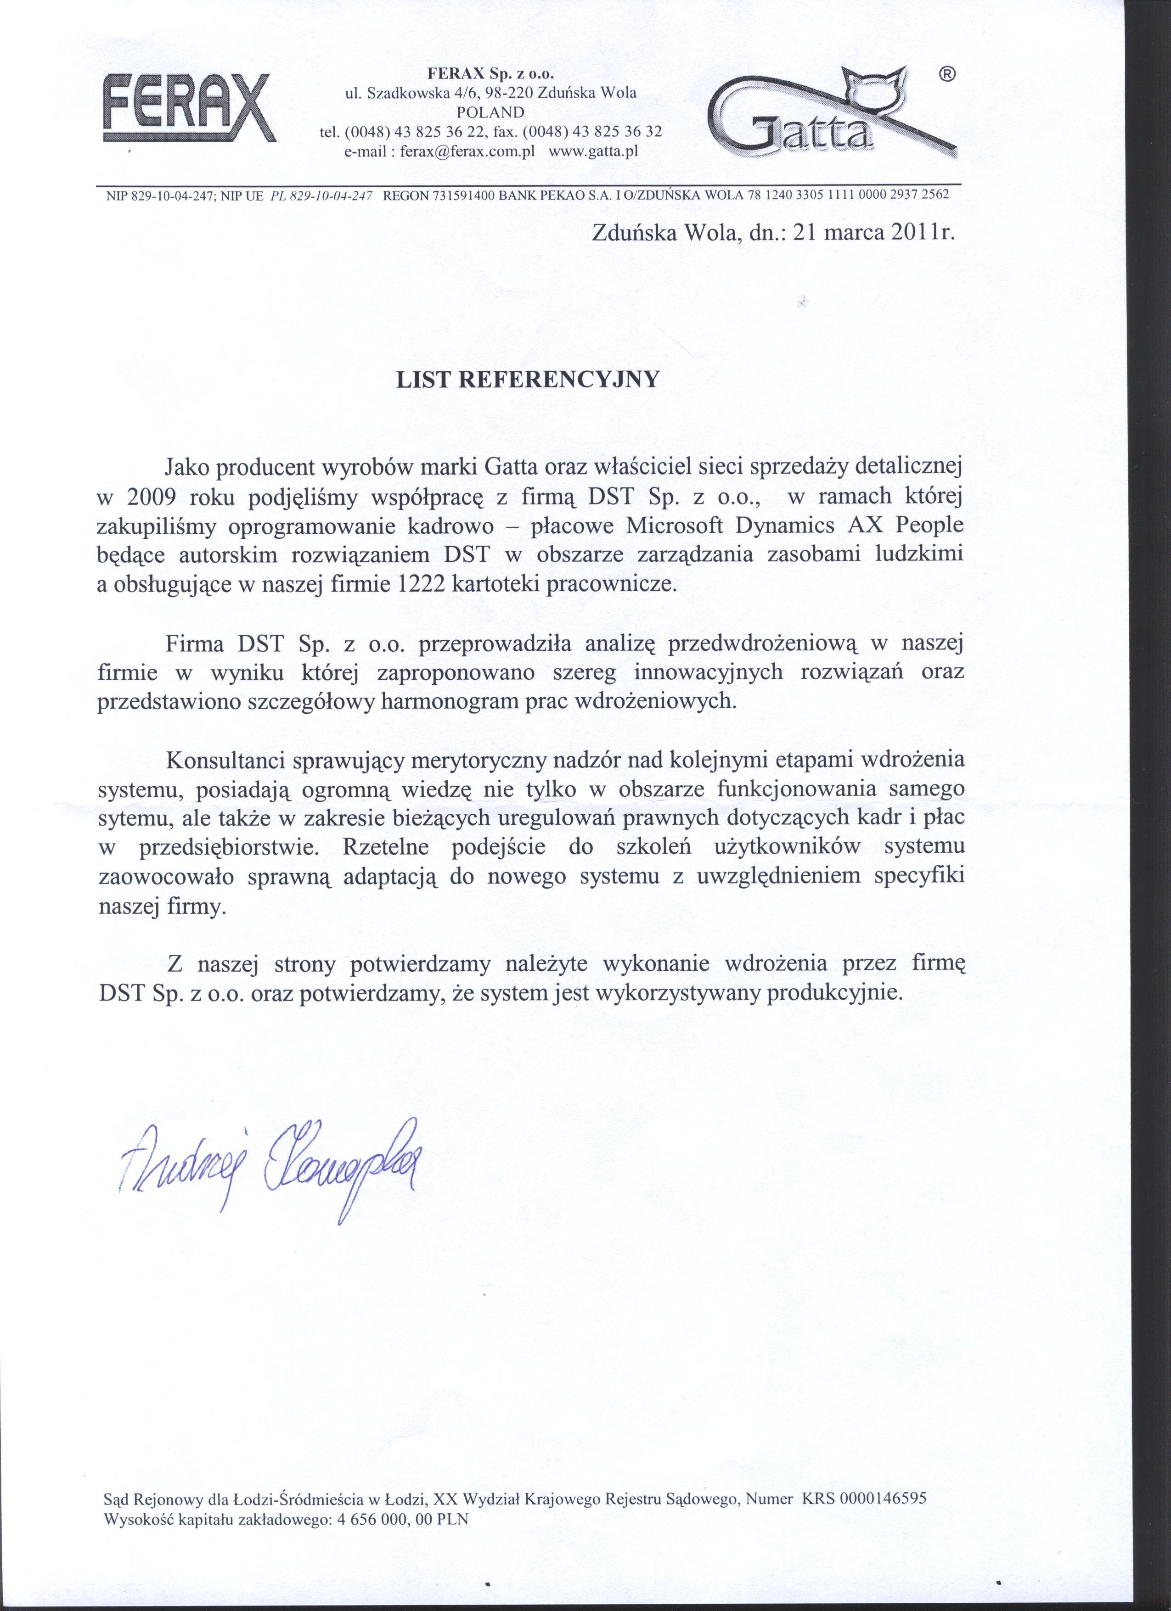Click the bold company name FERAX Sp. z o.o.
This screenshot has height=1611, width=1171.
point(490,73)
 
